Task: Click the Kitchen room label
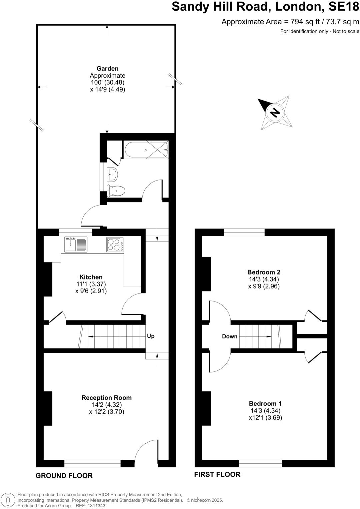tap(91, 277)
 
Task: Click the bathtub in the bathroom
tap(146, 150)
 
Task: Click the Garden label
tap(108, 69)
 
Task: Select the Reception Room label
tap(107, 397)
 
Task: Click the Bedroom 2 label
tap(264, 272)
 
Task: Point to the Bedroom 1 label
tap(265, 403)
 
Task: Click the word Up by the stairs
tap(151, 336)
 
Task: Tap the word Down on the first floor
tap(230, 336)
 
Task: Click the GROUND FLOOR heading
tap(64, 475)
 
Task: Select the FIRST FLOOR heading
tap(217, 474)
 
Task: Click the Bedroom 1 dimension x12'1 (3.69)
tap(265, 417)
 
